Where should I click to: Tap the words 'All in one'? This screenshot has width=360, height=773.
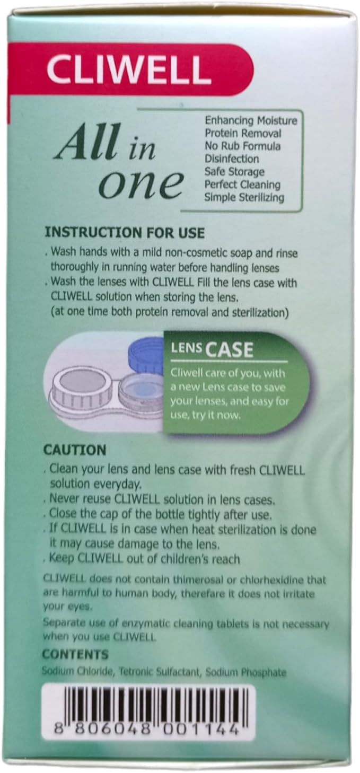[118, 163]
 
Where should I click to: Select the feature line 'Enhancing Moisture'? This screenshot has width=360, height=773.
[251, 120]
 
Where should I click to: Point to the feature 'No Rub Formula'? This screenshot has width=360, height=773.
[242, 146]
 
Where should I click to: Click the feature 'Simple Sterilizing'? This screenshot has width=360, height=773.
[244, 197]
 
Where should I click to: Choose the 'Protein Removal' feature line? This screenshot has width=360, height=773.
[243, 133]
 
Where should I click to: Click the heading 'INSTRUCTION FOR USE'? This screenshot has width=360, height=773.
[125, 233]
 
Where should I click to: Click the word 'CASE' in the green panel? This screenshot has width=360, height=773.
[230, 350]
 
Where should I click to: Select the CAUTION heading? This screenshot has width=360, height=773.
[75, 450]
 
